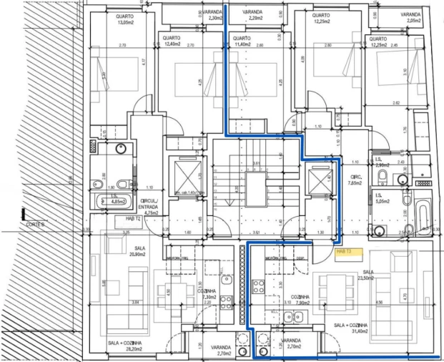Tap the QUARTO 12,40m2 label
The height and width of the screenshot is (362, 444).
[x=172, y=41]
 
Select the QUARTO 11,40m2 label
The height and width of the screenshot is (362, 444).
[x=242, y=41]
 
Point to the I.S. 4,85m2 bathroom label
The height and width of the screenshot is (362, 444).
[x=118, y=200]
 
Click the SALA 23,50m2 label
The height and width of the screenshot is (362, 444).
[x=368, y=276]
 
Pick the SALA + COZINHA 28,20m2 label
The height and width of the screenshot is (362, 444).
[x=123, y=346]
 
